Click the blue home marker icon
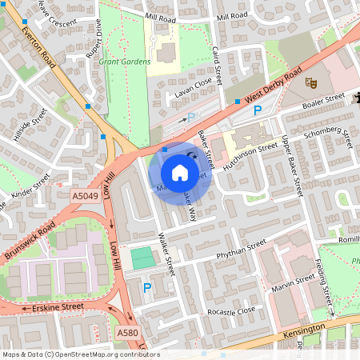(x=180, y=172)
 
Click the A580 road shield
(x=127, y=332)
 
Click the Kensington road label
(x=303, y=330)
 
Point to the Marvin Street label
(x=294, y=282)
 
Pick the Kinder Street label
(x=31, y=186)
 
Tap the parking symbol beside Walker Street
(x=146, y=287)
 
